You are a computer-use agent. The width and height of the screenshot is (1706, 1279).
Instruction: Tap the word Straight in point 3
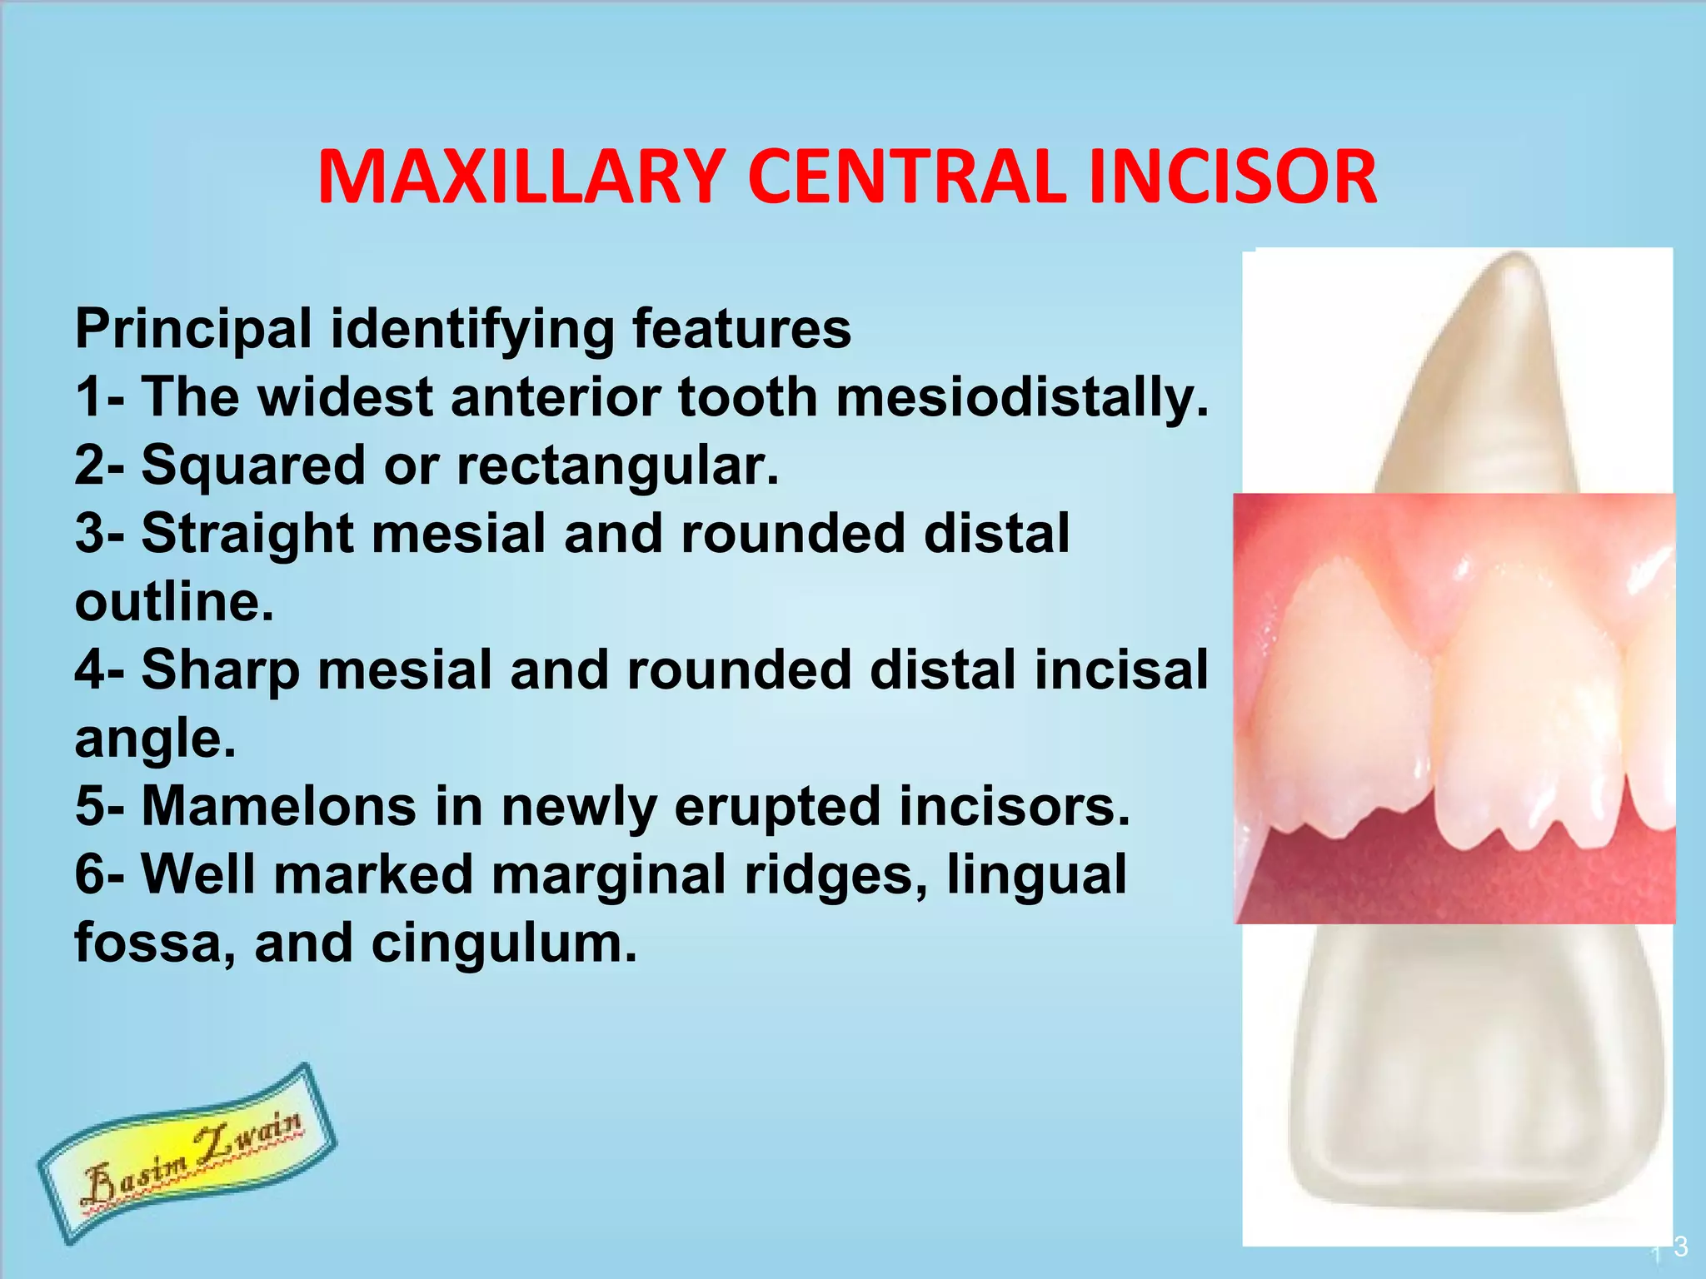[247, 534]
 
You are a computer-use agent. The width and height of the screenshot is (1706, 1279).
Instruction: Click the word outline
[173, 602]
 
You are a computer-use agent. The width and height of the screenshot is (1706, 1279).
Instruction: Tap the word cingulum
[503, 943]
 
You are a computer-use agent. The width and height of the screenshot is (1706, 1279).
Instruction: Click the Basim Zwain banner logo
[188, 1152]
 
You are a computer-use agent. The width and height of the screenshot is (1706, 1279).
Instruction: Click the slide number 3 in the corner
[1680, 1247]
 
